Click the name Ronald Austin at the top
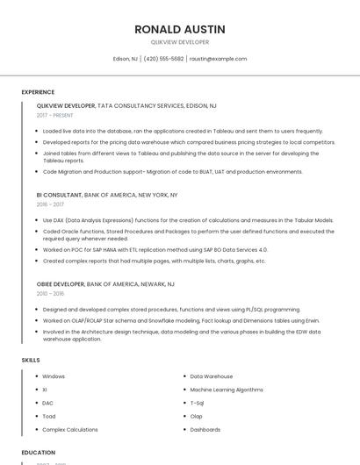[x=180, y=30]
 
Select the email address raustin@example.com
[x=218, y=59]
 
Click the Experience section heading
[x=38, y=91]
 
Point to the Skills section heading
[x=31, y=361]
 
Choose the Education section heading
[x=39, y=453]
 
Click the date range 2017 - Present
[x=55, y=115]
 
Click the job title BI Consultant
[x=59, y=195]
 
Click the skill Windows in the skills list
[x=54, y=376]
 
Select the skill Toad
[x=49, y=416]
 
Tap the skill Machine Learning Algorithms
[x=226, y=390]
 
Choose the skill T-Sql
[x=198, y=403]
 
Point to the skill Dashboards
[x=205, y=430]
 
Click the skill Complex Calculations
[x=70, y=430]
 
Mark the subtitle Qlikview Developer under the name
[x=180, y=42]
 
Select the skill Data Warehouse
[x=212, y=376]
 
